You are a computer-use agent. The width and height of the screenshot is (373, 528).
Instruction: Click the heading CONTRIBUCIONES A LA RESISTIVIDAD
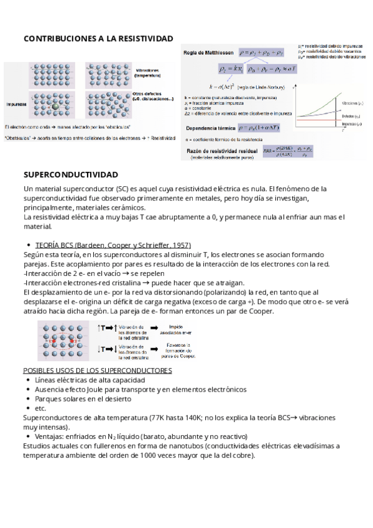98,39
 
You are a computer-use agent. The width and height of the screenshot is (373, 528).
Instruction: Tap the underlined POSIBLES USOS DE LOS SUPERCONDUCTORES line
98,370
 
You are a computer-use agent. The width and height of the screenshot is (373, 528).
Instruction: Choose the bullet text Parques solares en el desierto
83,398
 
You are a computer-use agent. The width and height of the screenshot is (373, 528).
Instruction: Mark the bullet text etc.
41,408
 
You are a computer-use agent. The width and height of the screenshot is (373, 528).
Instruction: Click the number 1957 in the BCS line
181,245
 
